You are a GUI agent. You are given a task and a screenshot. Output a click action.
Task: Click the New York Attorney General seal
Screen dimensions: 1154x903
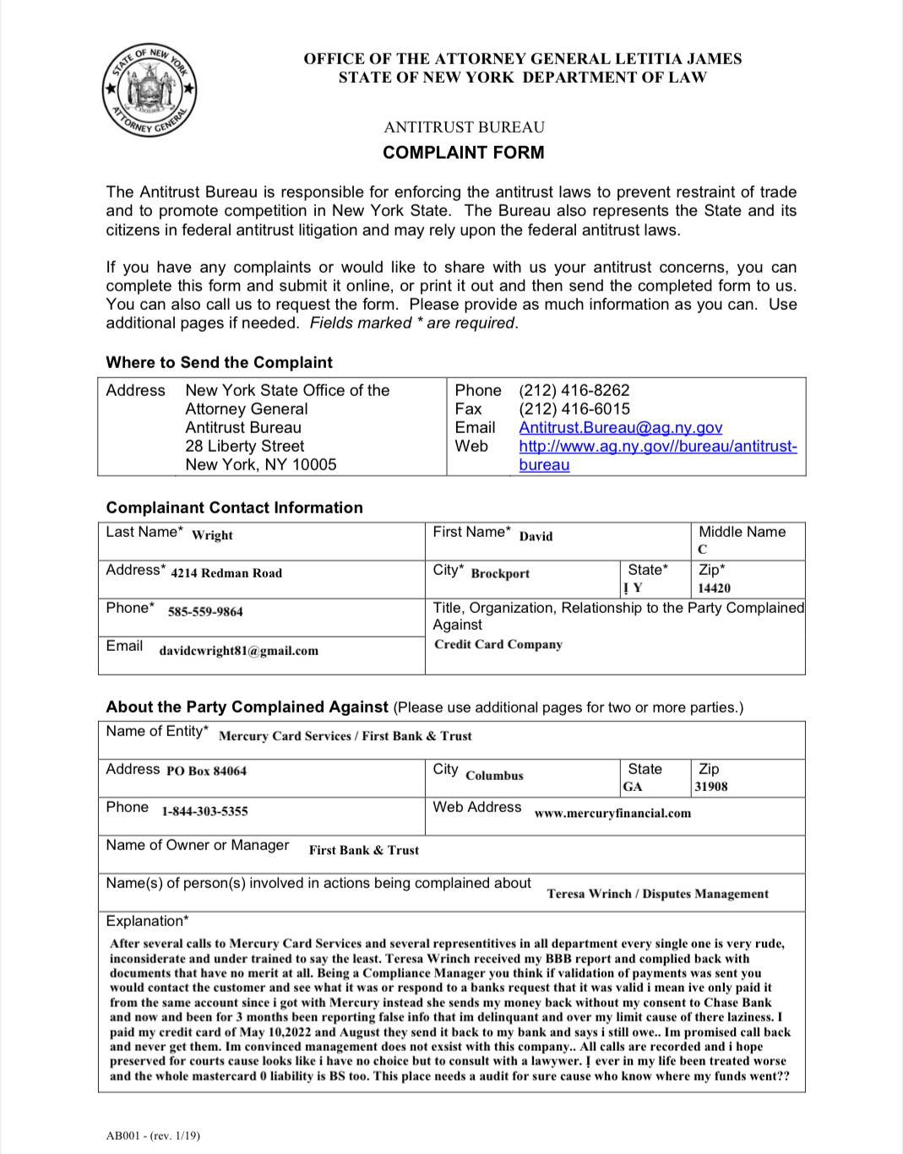(x=150, y=90)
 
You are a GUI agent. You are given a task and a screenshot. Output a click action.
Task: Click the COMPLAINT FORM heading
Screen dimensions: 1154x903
(x=463, y=153)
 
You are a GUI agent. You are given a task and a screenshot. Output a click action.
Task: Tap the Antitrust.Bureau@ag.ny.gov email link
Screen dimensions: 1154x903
(x=620, y=428)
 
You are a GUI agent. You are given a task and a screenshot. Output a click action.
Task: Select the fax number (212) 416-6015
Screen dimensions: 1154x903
(x=574, y=409)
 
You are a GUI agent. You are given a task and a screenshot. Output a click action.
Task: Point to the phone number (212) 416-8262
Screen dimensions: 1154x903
(x=574, y=391)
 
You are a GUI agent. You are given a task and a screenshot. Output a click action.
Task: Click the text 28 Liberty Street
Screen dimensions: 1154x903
(x=244, y=447)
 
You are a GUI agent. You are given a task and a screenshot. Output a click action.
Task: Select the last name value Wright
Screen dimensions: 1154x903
(x=212, y=535)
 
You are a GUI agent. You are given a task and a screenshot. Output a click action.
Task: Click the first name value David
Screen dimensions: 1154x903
(x=536, y=536)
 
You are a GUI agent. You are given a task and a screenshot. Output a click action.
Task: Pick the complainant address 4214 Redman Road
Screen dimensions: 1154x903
(x=226, y=573)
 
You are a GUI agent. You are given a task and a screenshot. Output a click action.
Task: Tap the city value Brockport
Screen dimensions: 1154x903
(x=500, y=574)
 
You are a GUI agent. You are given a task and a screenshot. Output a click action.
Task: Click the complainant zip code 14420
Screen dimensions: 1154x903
(x=714, y=588)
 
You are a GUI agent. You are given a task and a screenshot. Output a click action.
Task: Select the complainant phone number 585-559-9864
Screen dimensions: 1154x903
(x=205, y=612)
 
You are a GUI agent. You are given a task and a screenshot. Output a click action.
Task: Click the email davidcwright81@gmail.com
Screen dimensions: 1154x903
(x=238, y=651)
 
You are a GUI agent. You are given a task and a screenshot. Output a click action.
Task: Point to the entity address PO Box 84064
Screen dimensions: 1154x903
(x=206, y=771)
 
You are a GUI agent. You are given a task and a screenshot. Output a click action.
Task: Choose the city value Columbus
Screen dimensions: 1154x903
(x=494, y=776)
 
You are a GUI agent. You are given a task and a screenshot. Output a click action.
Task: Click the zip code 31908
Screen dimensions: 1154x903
(x=710, y=787)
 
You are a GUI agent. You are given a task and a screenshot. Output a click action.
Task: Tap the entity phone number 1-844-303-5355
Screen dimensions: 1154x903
(x=204, y=811)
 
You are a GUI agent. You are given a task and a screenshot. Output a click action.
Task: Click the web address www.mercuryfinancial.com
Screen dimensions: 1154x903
(x=612, y=814)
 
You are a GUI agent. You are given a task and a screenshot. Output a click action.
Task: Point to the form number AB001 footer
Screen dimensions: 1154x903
(x=153, y=1135)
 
